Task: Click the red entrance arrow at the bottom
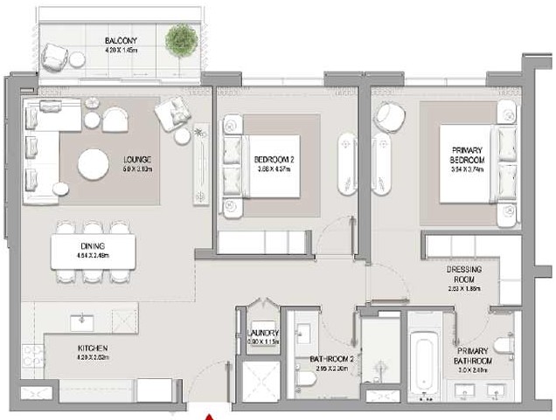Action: (207, 416)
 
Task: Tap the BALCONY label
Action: (119, 42)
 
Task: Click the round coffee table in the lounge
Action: (94, 164)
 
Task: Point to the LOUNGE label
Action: (137, 160)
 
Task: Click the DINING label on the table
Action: (93, 247)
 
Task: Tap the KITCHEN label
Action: (91, 348)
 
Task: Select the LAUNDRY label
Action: (262, 334)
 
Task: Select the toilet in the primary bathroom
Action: (504, 343)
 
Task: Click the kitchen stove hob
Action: (32, 356)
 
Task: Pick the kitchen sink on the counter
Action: (84, 320)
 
